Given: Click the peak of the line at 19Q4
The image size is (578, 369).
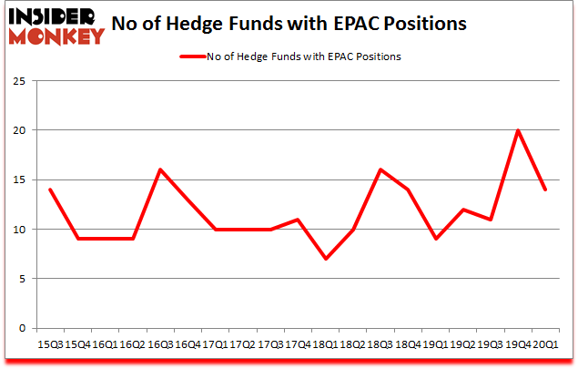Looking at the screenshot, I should pos(518,130).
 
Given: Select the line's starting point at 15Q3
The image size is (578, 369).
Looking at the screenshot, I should pos(49,190).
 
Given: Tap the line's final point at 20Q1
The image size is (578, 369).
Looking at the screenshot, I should pos(545,190).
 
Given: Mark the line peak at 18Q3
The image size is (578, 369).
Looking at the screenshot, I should pos(380,169).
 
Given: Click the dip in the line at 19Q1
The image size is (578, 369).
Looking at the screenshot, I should pos(434,239).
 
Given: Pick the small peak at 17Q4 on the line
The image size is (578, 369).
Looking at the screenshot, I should pos(298,220).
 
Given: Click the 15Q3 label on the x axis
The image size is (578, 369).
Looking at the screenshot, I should pos(49,343).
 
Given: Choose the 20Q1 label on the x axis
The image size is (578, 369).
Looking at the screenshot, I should pos(545,343).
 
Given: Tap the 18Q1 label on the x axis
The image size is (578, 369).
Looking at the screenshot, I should pos(325,343).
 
